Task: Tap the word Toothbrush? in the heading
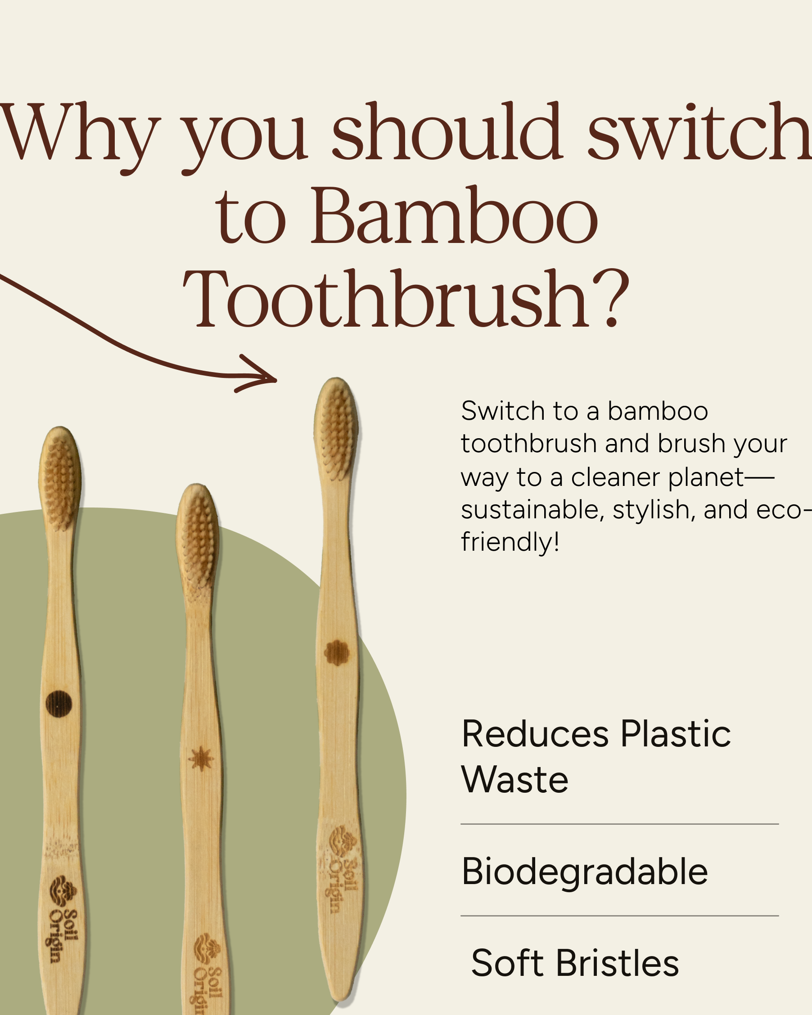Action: tap(406, 298)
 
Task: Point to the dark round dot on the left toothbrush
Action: tap(59, 704)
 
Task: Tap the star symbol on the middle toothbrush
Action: tap(201, 759)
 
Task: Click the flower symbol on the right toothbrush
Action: tap(337, 652)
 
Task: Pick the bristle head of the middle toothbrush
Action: tap(197, 537)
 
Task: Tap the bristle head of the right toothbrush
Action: tap(336, 429)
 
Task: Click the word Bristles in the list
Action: tap(618, 964)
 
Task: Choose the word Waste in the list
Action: tap(515, 780)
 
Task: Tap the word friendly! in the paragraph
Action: tap(510, 541)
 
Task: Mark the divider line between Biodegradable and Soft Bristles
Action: tap(619, 916)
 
